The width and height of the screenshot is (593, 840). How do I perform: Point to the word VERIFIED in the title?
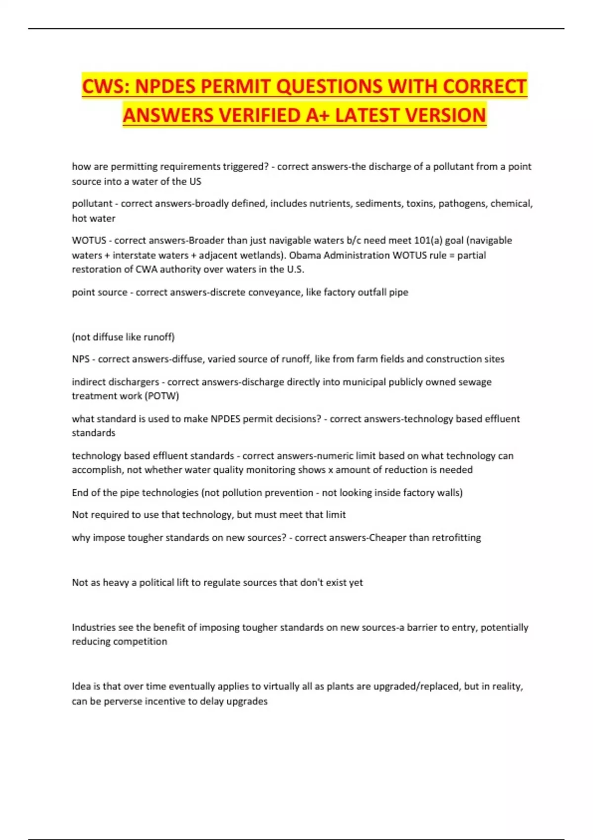pos(259,115)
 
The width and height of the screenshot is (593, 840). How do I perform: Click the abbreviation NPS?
pos(81,359)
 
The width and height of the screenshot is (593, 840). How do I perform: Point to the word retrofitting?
pos(456,538)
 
